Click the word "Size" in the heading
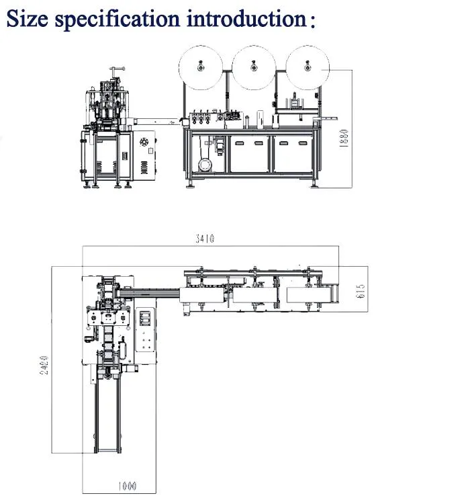point(28,18)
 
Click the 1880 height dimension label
point(343,142)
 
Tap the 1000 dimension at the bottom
point(127,486)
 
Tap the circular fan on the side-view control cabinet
point(143,142)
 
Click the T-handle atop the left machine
point(119,69)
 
